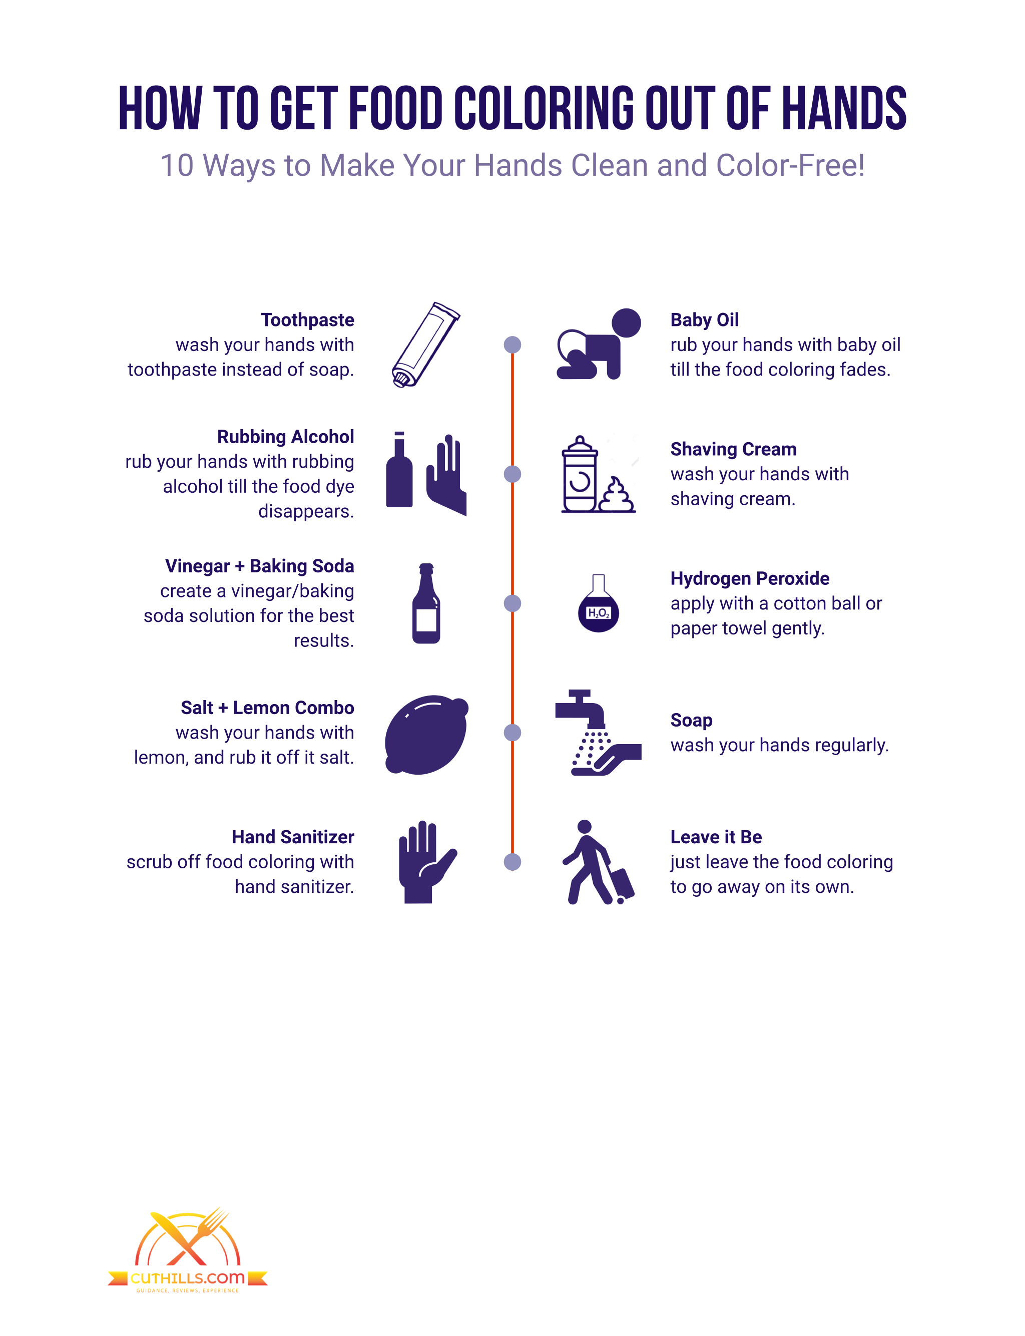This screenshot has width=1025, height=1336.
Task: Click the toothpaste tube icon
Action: [425, 345]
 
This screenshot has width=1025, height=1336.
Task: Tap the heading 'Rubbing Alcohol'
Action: [286, 437]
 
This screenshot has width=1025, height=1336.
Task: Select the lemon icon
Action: [426, 734]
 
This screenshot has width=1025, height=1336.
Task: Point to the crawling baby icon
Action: [599, 344]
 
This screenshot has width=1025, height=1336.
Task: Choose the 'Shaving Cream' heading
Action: [733, 449]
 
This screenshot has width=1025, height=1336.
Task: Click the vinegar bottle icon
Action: [426, 603]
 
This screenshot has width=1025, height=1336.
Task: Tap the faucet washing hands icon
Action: [598, 733]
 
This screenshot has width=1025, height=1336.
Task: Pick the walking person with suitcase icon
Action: [598, 862]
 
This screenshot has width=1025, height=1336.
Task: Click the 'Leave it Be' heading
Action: [716, 837]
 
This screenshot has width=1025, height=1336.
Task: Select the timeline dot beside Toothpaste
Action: [512, 345]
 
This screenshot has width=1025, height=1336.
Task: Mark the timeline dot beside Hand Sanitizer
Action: [512, 862]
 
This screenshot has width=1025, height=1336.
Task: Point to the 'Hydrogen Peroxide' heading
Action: [750, 578]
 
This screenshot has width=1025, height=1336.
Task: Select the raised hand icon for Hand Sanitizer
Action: [427, 862]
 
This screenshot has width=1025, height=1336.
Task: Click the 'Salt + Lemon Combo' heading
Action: [267, 708]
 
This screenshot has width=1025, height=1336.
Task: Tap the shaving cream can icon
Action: [580, 474]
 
